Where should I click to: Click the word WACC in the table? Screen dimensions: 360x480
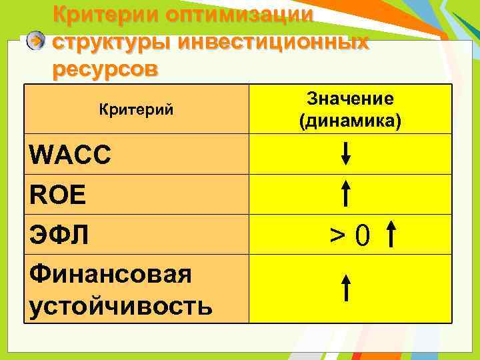coord(71,156)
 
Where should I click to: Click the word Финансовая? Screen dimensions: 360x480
coord(111,274)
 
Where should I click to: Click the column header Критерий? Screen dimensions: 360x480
coord(136,109)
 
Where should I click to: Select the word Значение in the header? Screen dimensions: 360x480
coord(350,99)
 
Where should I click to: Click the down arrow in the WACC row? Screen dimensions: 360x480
coord(346,153)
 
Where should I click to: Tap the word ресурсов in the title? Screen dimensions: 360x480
coord(105,69)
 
